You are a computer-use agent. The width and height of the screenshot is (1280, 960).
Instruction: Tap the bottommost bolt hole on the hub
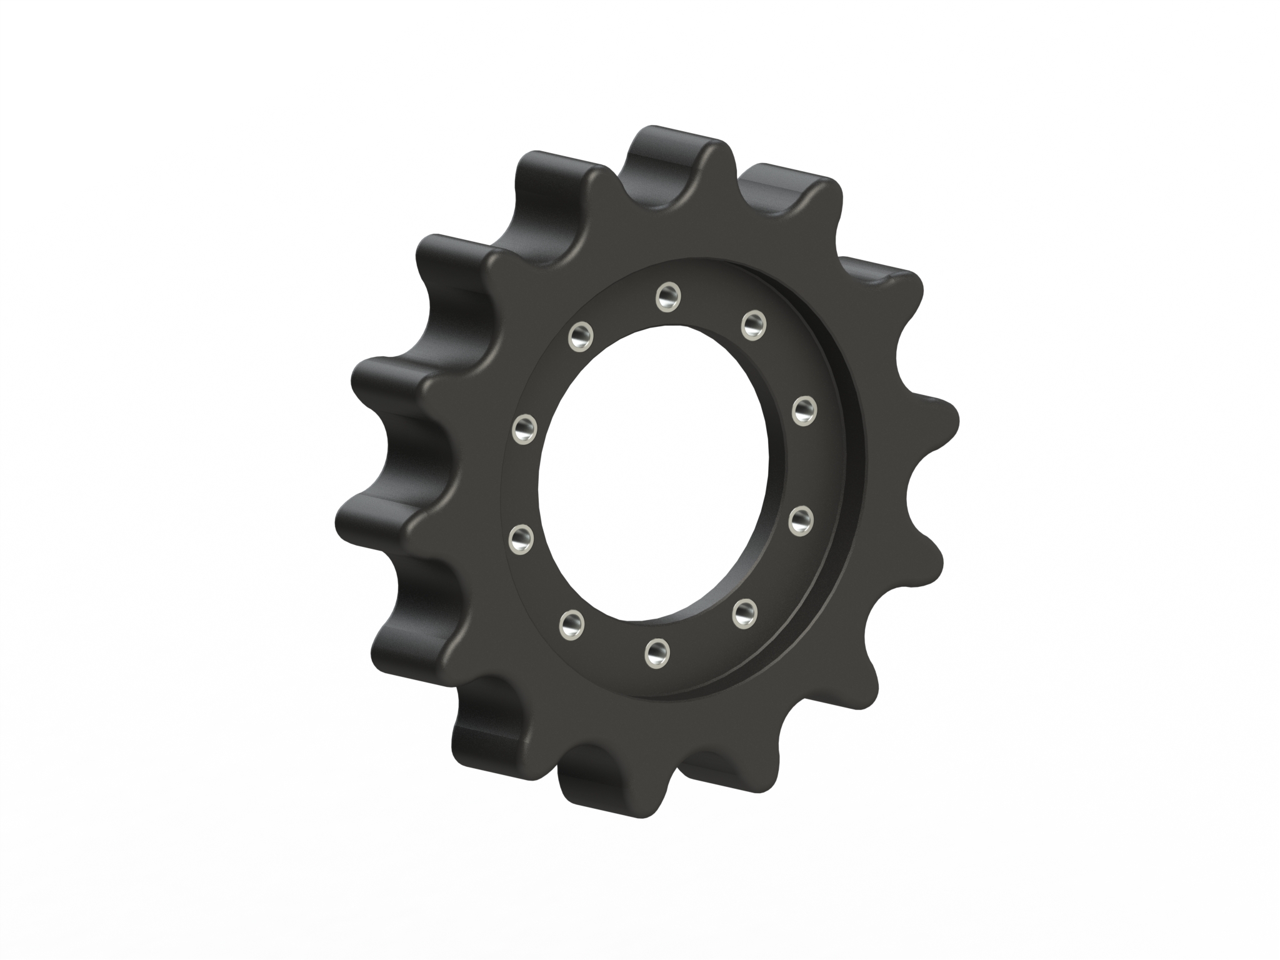coord(656,652)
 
